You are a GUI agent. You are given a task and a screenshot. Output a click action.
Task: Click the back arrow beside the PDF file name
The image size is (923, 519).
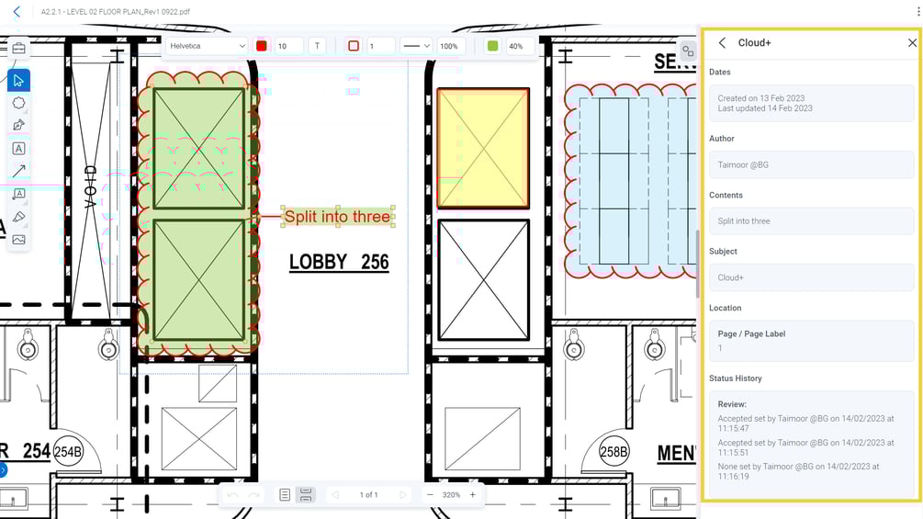pyautogui.click(x=17, y=12)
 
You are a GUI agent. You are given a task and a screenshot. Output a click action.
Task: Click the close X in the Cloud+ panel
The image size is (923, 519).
pyautogui.click(x=911, y=43)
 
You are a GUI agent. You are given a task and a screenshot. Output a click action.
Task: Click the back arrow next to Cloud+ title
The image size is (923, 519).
pyautogui.click(x=722, y=43)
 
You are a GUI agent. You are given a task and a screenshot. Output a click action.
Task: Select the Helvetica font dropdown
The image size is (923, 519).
pyautogui.click(x=207, y=46)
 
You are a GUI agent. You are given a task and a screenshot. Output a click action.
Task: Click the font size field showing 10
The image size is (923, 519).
pyautogui.click(x=288, y=46)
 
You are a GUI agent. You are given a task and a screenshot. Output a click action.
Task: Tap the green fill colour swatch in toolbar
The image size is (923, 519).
pyautogui.click(x=493, y=46)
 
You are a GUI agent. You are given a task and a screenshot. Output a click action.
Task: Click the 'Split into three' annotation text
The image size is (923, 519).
pyautogui.click(x=337, y=217)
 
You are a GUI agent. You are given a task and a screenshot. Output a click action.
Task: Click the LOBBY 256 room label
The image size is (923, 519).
pyautogui.click(x=339, y=263)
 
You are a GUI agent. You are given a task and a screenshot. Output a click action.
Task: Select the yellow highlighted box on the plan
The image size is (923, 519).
pyautogui.click(x=483, y=148)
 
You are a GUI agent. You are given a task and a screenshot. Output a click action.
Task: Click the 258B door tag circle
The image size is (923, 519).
pyautogui.click(x=613, y=452)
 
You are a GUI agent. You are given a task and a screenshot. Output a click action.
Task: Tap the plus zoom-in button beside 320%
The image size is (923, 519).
pyautogui.click(x=473, y=495)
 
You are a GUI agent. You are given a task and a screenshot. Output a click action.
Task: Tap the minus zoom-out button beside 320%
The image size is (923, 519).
pyautogui.click(x=429, y=495)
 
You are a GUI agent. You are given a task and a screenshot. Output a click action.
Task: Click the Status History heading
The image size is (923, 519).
pyautogui.click(x=736, y=378)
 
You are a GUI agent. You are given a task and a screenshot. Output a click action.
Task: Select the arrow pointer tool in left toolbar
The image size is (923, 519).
pyautogui.click(x=18, y=80)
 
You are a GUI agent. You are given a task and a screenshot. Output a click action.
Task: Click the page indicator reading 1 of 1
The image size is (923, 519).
pyautogui.click(x=368, y=495)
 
